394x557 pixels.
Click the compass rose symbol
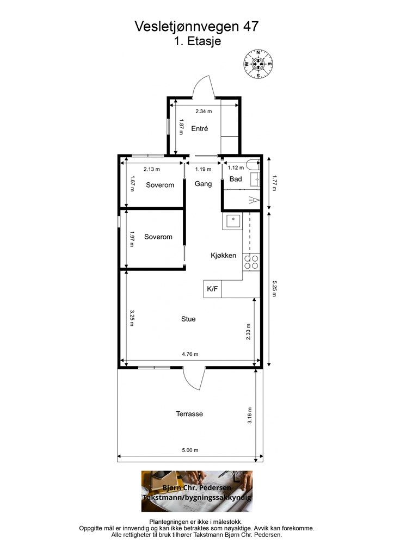[258, 64]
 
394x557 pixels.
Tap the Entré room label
[199, 128]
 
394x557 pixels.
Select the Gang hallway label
[203, 184]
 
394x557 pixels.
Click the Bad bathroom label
[236, 179]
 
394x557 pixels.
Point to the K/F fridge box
[212, 289]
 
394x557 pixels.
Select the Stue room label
[188, 319]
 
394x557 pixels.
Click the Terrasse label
[189, 414]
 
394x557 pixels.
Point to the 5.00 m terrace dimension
[190, 450]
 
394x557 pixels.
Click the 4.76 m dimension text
[190, 354]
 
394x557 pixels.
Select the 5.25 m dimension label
[274, 289]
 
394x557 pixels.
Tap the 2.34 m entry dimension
[204, 111]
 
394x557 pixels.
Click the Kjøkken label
[224, 256]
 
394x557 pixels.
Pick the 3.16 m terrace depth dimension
[249, 415]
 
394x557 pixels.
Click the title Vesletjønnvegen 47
[196, 27]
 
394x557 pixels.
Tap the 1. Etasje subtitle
[198, 41]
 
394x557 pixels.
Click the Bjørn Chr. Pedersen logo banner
[197, 491]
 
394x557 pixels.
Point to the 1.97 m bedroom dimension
[132, 239]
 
